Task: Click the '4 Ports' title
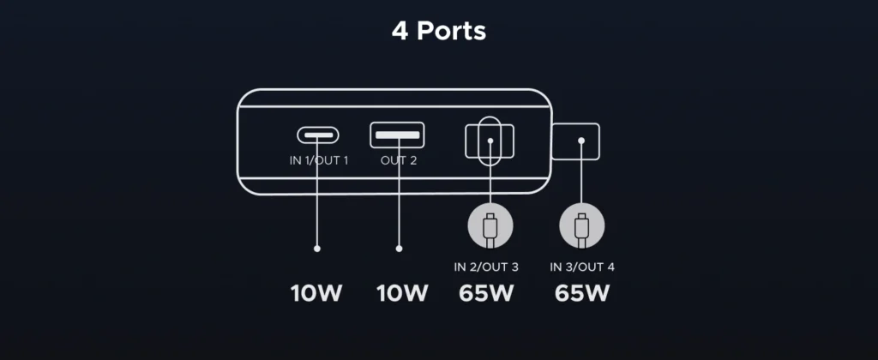tap(438, 32)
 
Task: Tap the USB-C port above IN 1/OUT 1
tap(317, 135)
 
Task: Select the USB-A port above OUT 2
tap(397, 134)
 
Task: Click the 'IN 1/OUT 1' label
tap(317, 159)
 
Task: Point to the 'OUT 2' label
tap(397, 159)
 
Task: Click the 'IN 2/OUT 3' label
tap(486, 267)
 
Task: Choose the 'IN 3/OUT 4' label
tap(582, 267)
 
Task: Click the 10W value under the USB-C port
tap(316, 293)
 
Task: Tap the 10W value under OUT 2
tap(402, 293)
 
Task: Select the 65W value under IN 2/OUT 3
tap(486, 293)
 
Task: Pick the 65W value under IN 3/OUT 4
tap(582, 293)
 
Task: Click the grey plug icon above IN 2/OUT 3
tap(490, 227)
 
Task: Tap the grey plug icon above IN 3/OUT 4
tap(580, 227)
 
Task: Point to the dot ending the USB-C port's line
tap(317, 249)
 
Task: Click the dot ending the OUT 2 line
tap(399, 249)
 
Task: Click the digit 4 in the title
tap(400, 32)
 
